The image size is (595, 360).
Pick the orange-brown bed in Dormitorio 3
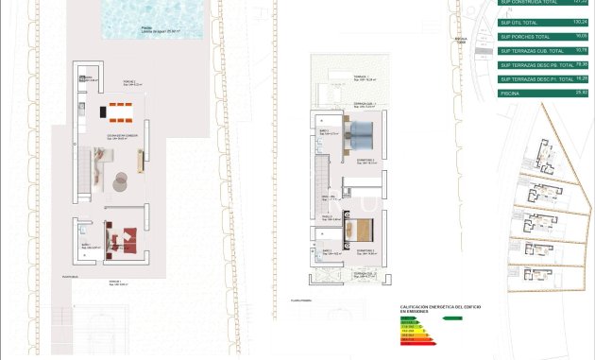coord(363,231)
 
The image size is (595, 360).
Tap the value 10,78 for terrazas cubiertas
coord(581,49)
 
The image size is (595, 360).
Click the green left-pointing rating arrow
coord(452,317)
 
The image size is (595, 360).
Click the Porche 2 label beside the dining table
coord(127,82)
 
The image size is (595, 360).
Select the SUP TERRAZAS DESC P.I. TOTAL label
coord(536,79)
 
